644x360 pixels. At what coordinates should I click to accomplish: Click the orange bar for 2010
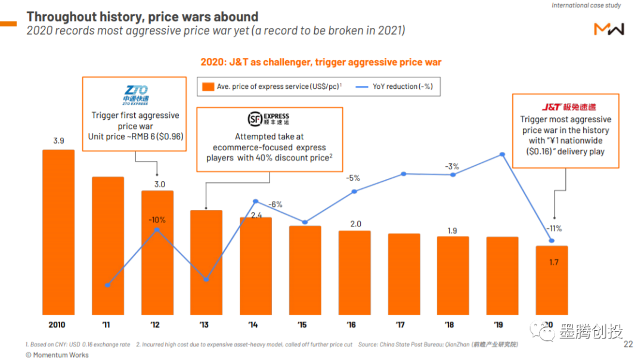[58, 232]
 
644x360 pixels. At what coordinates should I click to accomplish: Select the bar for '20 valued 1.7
[552, 280]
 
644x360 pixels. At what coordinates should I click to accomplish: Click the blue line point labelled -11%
[552, 241]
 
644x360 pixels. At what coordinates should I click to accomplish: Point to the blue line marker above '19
[502, 154]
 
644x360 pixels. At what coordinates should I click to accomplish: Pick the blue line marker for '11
[107, 285]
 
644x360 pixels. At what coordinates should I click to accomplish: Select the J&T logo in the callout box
[568, 107]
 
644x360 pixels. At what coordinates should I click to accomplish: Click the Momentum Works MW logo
[608, 28]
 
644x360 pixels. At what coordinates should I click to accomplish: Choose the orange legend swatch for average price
[208, 86]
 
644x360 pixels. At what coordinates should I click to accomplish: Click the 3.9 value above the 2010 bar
[58, 141]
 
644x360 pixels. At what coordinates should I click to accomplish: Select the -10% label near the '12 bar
[157, 220]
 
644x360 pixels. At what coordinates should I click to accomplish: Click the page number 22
[628, 344]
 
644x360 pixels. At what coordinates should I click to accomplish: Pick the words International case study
[586, 5]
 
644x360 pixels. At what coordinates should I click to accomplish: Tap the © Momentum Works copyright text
[57, 355]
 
